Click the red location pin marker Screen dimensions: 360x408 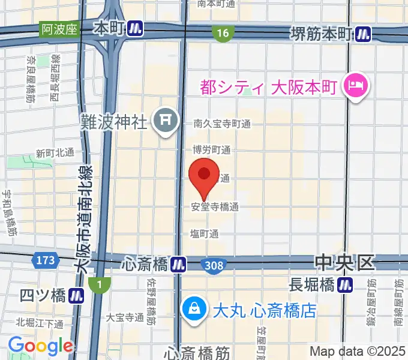204,175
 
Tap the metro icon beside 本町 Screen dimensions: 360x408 136,28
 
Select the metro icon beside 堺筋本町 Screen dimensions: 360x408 362,35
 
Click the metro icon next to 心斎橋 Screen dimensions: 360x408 178,263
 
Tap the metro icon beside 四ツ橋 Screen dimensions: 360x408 75,295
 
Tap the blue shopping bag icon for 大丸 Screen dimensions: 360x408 194,310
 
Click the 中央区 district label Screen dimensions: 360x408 344,262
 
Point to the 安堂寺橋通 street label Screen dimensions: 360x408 215,207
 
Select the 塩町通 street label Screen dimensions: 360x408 204,233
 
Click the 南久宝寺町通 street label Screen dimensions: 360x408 222,124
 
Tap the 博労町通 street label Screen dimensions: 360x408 211,149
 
